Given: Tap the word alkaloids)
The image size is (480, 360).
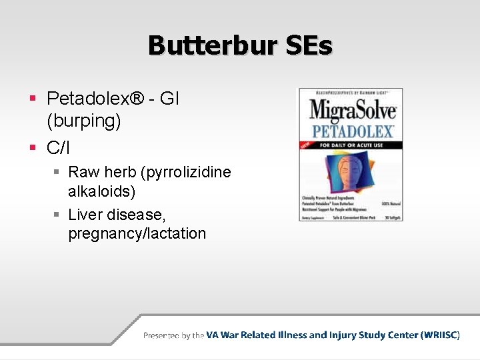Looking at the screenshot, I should click(101, 192).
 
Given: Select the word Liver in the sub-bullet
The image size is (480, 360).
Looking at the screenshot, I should click(86, 215).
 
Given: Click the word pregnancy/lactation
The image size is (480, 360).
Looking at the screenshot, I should click(137, 234).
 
